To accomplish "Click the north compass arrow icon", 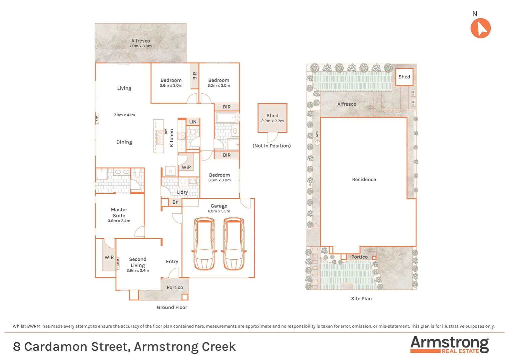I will (x=480, y=28).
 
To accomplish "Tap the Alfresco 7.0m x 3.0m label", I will (x=140, y=43).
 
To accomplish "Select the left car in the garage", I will (x=204, y=244).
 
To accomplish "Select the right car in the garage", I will (x=234, y=244).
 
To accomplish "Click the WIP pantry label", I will (x=186, y=167).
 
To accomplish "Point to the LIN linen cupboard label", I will (x=193, y=122).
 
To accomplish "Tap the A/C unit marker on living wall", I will (x=97, y=118).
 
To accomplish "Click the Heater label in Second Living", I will (x=118, y=263).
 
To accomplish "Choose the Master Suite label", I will (x=119, y=213).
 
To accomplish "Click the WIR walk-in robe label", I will (x=109, y=257).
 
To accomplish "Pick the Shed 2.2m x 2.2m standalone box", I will (x=272, y=118).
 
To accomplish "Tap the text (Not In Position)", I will (x=271, y=146).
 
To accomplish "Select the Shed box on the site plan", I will (x=404, y=77).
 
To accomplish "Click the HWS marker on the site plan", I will (x=317, y=135).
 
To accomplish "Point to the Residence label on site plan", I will (x=364, y=180).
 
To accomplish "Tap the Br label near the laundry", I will (x=175, y=202).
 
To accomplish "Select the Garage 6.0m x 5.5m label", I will (x=219, y=208).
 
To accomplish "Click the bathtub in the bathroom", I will (x=226, y=118).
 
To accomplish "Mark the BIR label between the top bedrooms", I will (x=195, y=76).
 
